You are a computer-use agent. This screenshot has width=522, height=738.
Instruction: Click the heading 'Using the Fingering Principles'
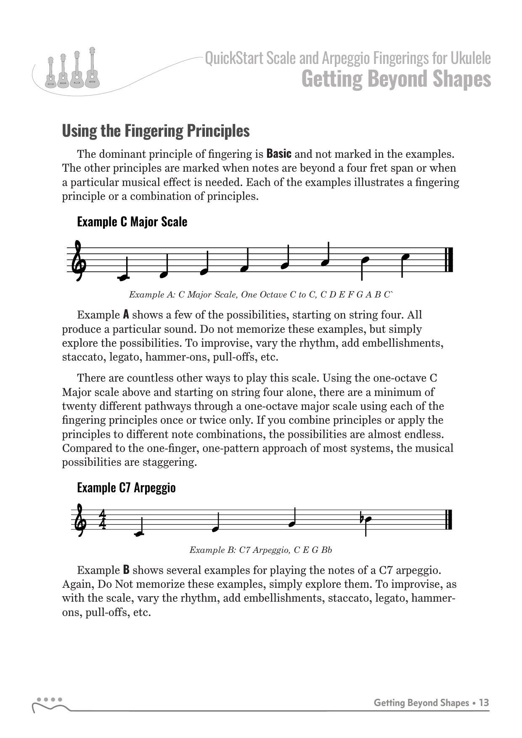(x=156, y=131)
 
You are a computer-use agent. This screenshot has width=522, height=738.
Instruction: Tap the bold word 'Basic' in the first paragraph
(x=279, y=153)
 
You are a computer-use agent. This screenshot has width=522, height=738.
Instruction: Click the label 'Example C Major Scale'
(x=132, y=222)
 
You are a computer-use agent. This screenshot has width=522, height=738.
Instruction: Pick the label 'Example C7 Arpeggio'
(x=126, y=488)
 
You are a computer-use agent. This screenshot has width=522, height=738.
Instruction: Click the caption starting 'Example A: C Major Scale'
(x=261, y=295)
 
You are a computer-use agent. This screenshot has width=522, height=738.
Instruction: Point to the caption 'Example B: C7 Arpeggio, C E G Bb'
(x=261, y=550)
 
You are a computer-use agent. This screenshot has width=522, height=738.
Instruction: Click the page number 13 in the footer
(x=484, y=703)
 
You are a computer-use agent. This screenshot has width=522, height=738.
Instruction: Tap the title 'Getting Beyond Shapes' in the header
(x=396, y=80)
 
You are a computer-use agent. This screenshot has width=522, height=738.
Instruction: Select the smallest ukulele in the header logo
(x=50, y=74)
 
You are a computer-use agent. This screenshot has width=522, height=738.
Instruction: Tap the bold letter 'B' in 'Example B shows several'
(x=126, y=570)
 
